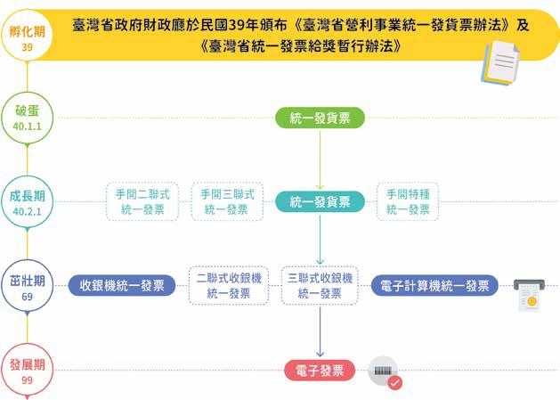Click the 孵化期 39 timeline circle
[28, 37]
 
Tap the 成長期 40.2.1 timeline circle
[28, 202]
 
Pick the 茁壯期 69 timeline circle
[28, 286]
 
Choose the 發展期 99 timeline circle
[28, 371]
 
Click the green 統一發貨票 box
[320, 118]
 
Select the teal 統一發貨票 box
[320, 201]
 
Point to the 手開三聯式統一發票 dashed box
[226, 201]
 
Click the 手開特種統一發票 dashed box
[408, 201]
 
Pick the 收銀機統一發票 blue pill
[122, 286]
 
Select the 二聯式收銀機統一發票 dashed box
[228, 285]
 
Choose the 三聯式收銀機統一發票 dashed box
[320, 285]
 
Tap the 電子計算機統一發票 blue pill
[434, 286]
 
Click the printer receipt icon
[530, 295]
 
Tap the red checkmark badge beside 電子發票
[394, 382]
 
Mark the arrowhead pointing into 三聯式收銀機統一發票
[320, 259]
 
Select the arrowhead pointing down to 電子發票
[320, 354]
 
